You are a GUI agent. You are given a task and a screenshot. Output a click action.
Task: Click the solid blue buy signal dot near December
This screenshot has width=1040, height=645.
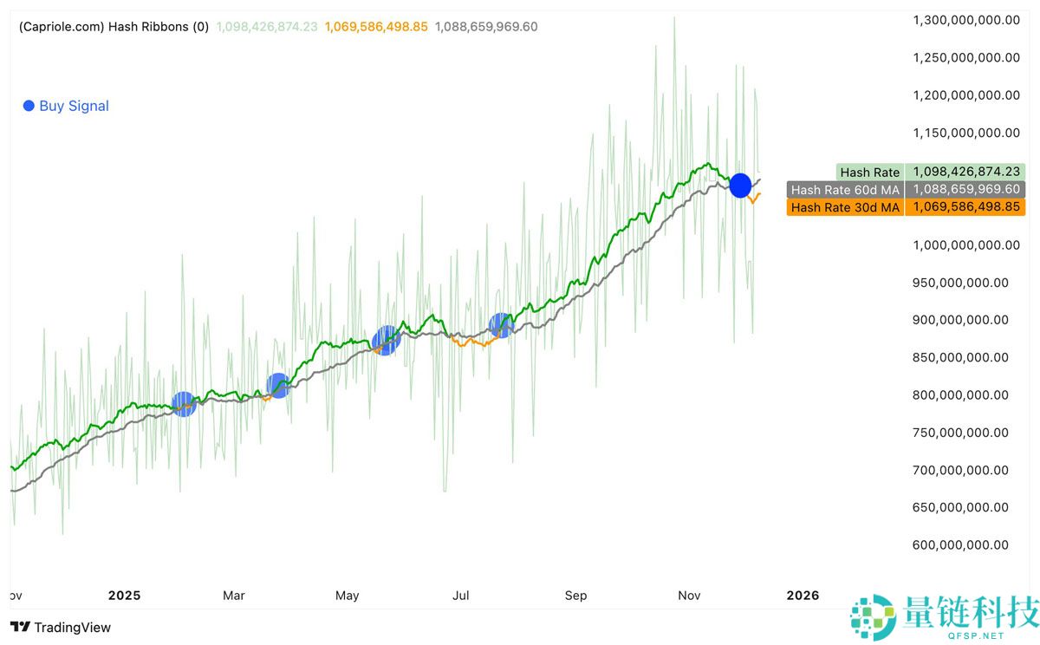[x=740, y=185]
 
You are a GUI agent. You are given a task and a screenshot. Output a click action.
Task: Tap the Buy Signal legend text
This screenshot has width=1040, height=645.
[x=74, y=106]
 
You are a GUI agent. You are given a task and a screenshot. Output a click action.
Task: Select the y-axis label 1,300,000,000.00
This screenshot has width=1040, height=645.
[x=967, y=20]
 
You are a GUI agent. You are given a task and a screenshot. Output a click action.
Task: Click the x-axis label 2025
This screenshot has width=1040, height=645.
[x=124, y=596]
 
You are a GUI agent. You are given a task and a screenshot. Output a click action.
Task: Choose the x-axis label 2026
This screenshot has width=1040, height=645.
[x=802, y=596]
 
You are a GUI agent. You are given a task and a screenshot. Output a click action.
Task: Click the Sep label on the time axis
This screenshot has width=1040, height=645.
[x=575, y=596]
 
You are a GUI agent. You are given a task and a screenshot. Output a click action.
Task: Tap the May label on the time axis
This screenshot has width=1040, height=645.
[x=347, y=596]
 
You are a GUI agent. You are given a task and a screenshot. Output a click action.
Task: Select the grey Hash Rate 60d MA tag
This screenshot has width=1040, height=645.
[x=845, y=190]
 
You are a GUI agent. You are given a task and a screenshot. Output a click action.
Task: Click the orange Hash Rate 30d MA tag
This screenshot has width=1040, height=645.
[x=845, y=207]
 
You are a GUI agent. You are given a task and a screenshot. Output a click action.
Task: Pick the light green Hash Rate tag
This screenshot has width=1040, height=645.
[x=869, y=173]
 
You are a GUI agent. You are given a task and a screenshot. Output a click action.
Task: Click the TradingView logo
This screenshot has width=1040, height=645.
[x=61, y=627]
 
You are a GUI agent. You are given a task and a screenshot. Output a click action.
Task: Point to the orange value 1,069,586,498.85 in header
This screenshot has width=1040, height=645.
[x=376, y=27]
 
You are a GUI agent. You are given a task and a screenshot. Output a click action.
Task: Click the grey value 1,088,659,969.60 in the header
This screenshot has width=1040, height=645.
[x=486, y=27]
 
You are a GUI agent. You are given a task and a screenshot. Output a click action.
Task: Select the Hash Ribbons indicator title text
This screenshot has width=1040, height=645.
[x=114, y=27]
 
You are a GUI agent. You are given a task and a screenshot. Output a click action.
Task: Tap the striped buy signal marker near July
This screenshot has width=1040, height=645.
[x=501, y=325]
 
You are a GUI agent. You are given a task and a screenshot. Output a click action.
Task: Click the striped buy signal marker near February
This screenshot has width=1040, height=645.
[x=184, y=403]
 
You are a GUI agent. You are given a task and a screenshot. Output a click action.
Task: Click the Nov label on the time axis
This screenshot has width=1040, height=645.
[x=689, y=596]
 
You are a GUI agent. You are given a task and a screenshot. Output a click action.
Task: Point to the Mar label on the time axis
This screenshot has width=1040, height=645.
[x=234, y=596]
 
